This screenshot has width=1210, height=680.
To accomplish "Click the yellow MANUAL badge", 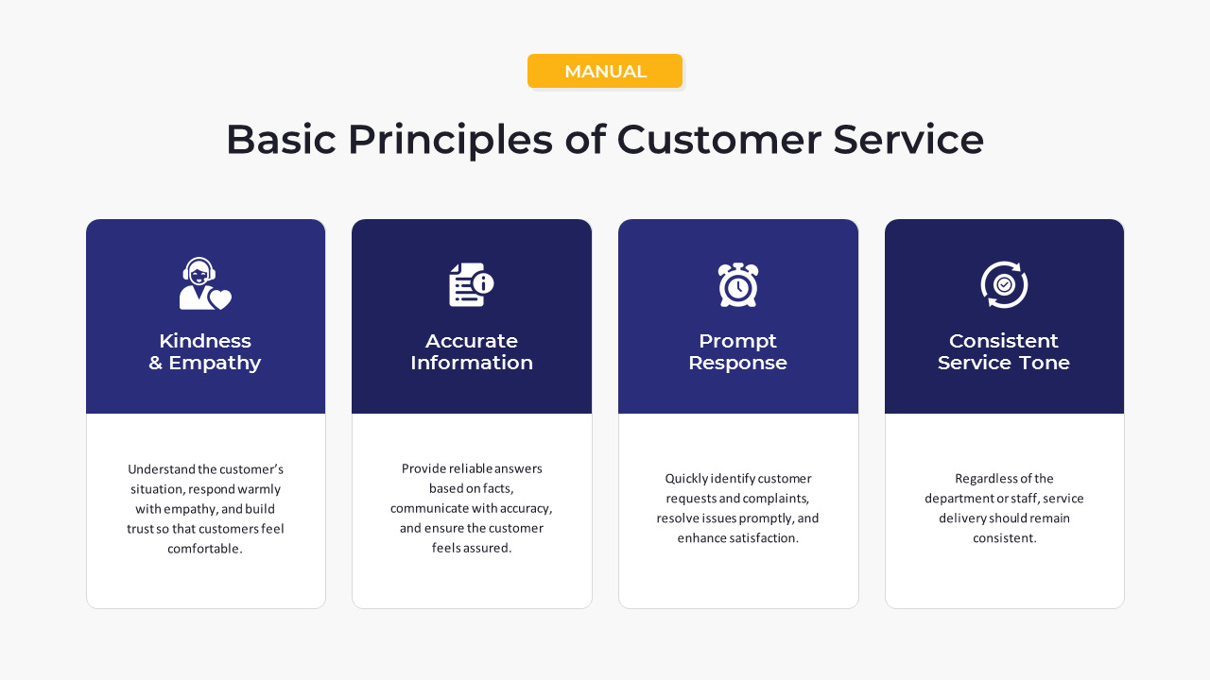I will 605,71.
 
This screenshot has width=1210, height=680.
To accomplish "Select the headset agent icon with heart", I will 205,283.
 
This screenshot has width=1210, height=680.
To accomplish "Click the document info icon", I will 471,284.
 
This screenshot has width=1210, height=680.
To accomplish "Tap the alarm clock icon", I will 737,284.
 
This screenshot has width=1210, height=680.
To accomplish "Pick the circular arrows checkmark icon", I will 1004,284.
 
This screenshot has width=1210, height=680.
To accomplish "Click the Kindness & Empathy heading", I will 205,351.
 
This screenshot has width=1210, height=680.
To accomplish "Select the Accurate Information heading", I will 472,351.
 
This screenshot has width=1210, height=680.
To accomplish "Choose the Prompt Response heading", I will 737,351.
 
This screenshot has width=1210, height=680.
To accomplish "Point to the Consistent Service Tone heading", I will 1004,351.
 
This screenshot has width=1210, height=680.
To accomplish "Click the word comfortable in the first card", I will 204,549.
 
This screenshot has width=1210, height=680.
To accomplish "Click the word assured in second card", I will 490,548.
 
